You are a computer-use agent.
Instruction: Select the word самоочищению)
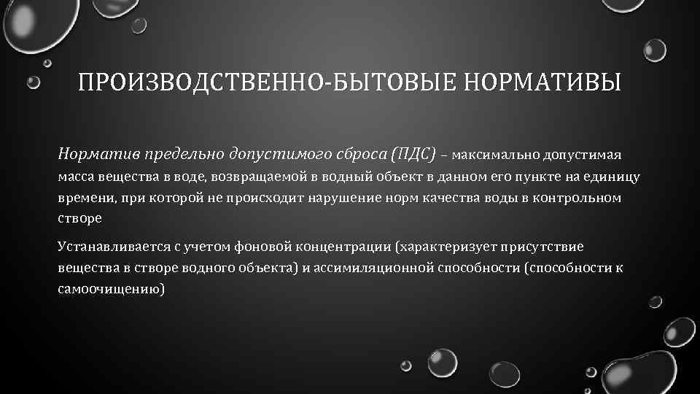pyautogui.click(x=112, y=289)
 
